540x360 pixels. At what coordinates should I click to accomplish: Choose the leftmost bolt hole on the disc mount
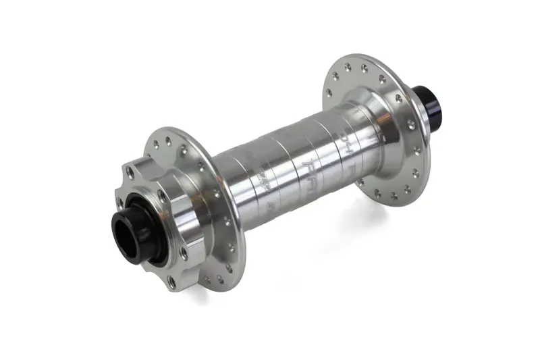pos(121,203)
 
